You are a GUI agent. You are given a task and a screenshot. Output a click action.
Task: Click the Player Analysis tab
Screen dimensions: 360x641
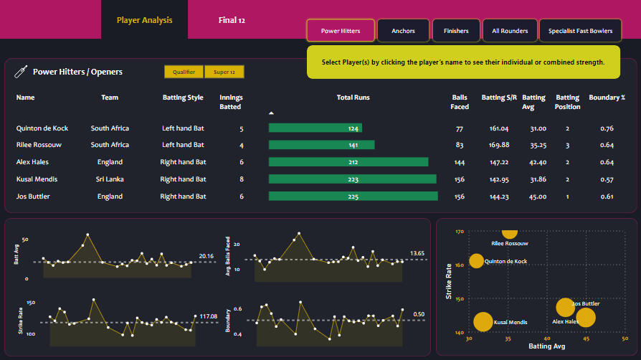pyautogui.click(x=144, y=20)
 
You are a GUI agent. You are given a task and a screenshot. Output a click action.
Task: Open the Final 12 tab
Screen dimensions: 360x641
pyautogui.click(x=232, y=20)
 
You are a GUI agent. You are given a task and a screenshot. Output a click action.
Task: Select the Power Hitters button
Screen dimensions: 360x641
pyautogui.click(x=341, y=31)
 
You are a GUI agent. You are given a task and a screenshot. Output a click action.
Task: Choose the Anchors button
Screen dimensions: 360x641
pyautogui.click(x=403, y=31)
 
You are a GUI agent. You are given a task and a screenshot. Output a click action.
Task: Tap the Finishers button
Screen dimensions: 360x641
pyautogui.click(x=456, y=31)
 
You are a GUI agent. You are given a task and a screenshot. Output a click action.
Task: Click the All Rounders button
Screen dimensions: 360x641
pyautogui.click(x=510, y=31)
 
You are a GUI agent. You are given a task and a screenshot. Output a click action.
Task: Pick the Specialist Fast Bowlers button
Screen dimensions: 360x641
pyautogui.click(x=580, y=31)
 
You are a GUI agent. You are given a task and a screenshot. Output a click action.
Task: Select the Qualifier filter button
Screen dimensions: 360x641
pyautogui.click(x=184, y=72)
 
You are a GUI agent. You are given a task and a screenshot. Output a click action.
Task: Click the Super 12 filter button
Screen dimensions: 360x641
pyautogui.click(x=224, y=72)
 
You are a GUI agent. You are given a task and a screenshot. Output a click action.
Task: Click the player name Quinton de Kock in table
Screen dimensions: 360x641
pyautogui.click(x=42, y=128)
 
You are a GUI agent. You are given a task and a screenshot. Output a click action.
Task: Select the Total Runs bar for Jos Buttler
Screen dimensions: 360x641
pyautogui.click(x=353, y=196)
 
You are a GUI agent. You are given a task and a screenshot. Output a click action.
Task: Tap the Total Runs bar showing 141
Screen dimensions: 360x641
pyautogui.click(x=321, y=145)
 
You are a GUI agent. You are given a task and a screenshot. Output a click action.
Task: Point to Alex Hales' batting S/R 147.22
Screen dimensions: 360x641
pyautogui.click(x=499, y=162)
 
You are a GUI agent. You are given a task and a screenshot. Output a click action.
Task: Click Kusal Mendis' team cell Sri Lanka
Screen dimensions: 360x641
pyautogui.click(x=110, y=179)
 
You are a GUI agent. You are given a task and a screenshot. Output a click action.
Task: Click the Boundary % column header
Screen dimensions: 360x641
pyautogui.click(x=606, y=98)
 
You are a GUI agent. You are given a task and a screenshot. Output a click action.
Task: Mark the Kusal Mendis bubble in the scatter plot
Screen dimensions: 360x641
pyautogui.click(x=483, y=322)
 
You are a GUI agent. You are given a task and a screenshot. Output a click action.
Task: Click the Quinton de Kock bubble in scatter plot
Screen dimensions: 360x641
pyautogui.click(x=476, y=261)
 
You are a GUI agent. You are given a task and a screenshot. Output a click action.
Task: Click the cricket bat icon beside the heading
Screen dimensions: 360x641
pyautogui.click(x=22, y=72)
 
